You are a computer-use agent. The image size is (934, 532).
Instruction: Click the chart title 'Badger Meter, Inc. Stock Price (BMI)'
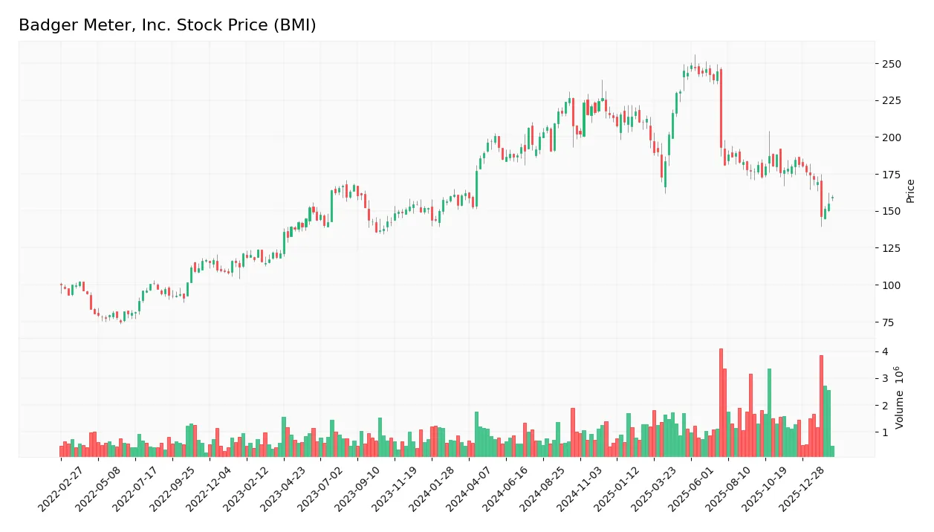pos(167,25)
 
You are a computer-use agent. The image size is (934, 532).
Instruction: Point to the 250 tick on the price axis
pos(891,64)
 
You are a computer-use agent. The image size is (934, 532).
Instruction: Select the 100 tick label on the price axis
pos(891,285)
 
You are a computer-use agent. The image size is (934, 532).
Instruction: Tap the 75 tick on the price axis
pos(889,322)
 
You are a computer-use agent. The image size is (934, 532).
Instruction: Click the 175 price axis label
pos(891,175)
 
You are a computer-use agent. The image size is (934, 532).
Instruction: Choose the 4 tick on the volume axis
pos(886,351)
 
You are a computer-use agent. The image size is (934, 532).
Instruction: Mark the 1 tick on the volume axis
pos(886,432)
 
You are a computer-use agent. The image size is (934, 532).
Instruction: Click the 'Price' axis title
pos(911,191)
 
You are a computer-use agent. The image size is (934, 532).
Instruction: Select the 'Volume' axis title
pos(900,398)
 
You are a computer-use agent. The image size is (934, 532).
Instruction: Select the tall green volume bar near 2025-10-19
pos(769,413)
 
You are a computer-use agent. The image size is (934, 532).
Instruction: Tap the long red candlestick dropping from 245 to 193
pos(721,108)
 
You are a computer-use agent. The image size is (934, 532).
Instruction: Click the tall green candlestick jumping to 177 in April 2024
pos(476,189)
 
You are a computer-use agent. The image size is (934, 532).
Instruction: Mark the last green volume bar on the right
pos(832,451)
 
